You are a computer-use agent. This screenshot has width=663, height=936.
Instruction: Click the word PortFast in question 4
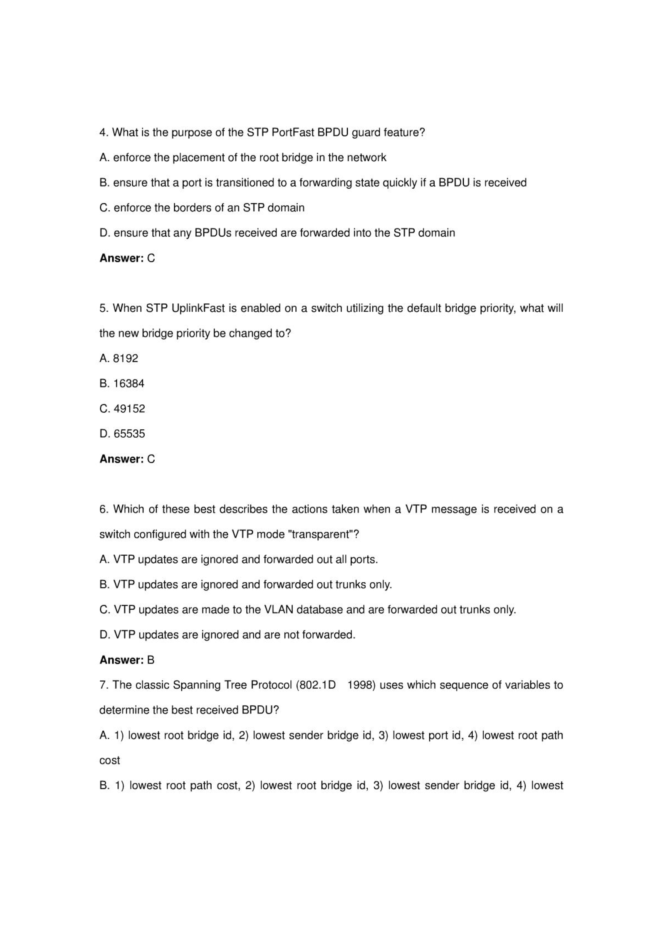click(292, 133)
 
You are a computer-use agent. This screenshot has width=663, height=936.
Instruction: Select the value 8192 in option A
click(126, 358)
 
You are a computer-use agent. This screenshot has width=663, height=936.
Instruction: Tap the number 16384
click(129, 383)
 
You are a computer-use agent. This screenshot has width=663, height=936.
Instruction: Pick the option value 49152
click(129, 409)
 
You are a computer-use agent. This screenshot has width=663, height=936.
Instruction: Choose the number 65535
click(129, 434)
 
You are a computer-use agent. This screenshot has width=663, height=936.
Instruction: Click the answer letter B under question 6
click(151, 660)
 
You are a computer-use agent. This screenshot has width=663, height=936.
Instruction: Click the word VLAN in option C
click(279, 610)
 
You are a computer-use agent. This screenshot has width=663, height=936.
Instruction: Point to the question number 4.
click(104, 133)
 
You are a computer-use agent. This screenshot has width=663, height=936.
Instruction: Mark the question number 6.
click(104, 509)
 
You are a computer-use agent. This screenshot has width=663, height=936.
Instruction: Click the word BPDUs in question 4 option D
click(213, 233)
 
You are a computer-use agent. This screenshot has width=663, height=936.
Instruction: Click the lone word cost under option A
click(109, 760)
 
